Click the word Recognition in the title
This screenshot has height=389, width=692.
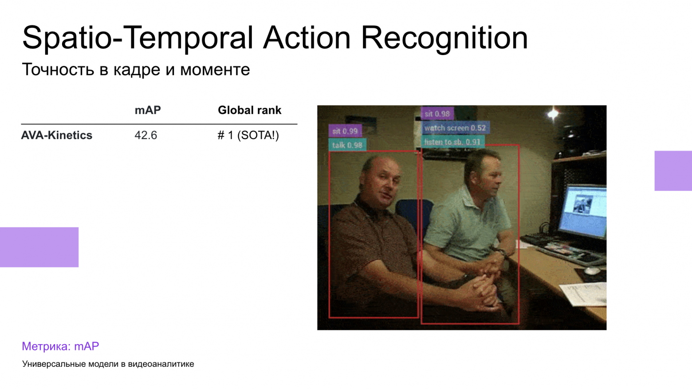coord(444,38)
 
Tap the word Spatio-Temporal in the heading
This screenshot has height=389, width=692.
coord(138,38)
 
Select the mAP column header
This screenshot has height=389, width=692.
coord(148,110)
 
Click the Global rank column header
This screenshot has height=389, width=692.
coord(250,110)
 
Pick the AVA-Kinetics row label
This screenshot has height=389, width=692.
coord(56,135)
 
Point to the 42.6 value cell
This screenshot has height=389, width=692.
coord(146,135)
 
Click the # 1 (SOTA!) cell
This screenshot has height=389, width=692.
coord(248,135)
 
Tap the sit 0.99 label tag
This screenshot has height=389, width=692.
coord(345,131)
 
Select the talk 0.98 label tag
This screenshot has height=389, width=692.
coord(347,145)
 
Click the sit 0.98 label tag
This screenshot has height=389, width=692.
coord(437,114)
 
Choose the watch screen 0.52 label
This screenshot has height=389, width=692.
coord(456,128)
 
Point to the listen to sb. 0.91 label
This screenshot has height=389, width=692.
coord(452,142)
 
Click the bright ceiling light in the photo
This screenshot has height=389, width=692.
coord(553,114)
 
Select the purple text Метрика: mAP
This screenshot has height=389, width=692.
coord(60,346)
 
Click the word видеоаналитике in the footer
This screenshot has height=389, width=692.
coord(161,364)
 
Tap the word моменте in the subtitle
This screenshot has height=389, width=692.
coord(215,70)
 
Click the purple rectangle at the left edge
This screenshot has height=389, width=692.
coord(39,247)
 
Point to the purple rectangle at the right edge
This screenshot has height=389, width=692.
coord(673,171)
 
